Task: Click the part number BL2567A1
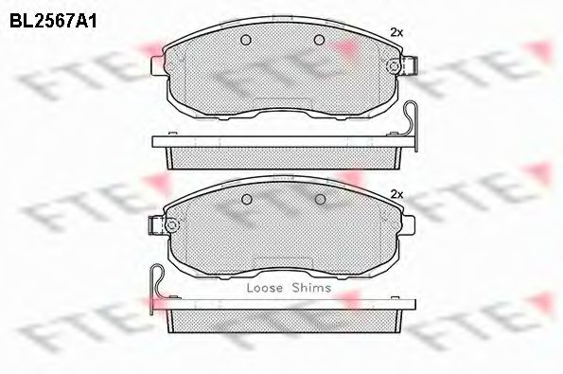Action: [x=53, y=22]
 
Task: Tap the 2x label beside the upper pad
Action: [x=396, y=33]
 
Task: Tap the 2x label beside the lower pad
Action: [x=396, y=195]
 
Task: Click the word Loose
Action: [x=265, y=288]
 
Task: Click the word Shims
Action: [x=311, y=288]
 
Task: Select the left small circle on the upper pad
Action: [x=246, y=40]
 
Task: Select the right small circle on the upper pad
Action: [x=319, y=40]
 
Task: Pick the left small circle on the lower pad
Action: [x=247, y=199]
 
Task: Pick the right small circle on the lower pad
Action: [x=320, y=199]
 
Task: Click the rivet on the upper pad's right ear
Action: [x=393, y=66]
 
